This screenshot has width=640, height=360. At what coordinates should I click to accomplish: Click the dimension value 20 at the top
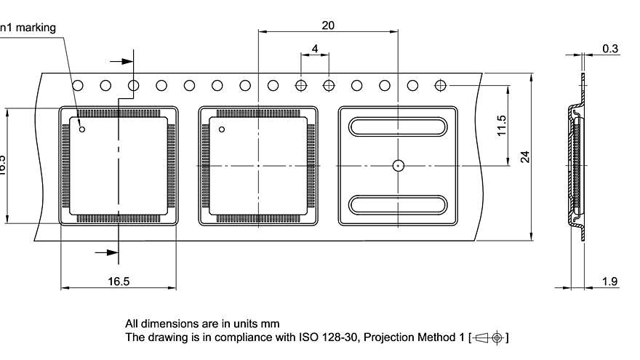(x=328, y=25)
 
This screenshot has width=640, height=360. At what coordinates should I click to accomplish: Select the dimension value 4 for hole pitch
(x=314, y=49)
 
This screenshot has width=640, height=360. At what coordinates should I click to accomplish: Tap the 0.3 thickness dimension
(x=610, y=49)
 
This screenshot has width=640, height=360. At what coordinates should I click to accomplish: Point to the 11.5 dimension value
(x=501, y=126)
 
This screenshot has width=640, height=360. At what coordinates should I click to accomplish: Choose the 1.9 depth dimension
(x=611, y=281)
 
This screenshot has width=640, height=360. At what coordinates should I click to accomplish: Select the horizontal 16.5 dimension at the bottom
(x=117, y=281)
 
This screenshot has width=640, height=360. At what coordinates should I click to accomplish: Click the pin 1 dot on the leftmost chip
(x=82, y=129)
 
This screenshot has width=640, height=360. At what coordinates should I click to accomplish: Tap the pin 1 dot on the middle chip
(x=223, y=129)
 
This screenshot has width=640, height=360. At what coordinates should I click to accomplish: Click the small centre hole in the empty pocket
(x=398, y=165)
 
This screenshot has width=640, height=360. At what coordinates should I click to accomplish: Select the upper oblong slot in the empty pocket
(x=398, y=126)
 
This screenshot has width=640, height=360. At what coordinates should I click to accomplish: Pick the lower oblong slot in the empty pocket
(x=398, y=205)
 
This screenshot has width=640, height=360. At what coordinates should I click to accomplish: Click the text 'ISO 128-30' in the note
(x=322, y=337)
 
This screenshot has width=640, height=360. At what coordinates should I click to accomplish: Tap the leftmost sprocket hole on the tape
(x=77, y=85)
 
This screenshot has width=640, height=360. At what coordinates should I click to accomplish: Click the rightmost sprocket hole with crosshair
(x=440, y=85)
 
